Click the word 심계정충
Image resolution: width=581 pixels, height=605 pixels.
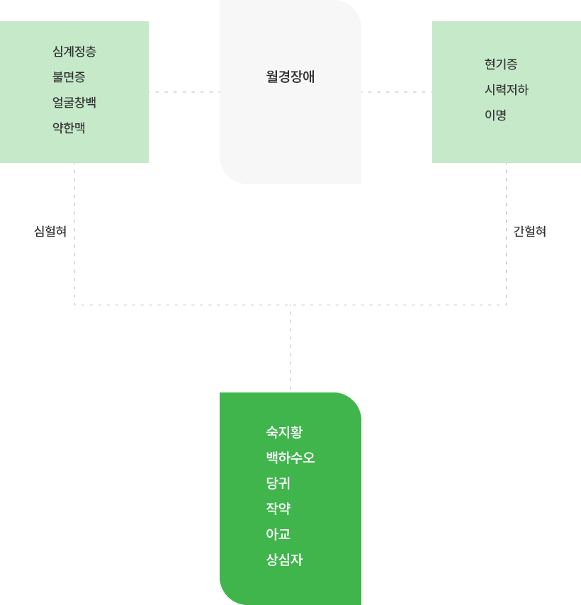(x=74, y=52)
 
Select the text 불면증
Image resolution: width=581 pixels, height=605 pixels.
(x=69, y=77)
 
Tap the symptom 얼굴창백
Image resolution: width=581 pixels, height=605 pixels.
(x=74, y=103)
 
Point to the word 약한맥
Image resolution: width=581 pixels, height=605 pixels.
(x=69, y=128)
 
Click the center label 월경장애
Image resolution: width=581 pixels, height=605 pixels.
(x=290, y=77)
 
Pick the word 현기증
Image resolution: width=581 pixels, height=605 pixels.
(x=501, y=64)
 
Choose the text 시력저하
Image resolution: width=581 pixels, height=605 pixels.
(x=507, y=90)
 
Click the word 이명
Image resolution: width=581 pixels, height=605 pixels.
(x=495, y=115)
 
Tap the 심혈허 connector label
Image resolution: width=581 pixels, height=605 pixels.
(x=50, y=232)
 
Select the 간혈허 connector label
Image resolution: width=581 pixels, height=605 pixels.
(x=530, y=232)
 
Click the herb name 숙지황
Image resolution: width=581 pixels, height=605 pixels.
(x=284, y=432)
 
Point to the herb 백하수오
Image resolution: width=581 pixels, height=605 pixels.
(x=290, y=458)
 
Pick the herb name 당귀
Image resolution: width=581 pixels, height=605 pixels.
(x=278, y=483)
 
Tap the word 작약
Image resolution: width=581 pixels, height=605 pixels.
(x=278, y=509)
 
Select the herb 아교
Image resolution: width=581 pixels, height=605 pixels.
(x=278, y=534)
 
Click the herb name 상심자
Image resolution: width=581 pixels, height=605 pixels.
(x=284, y=560)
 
